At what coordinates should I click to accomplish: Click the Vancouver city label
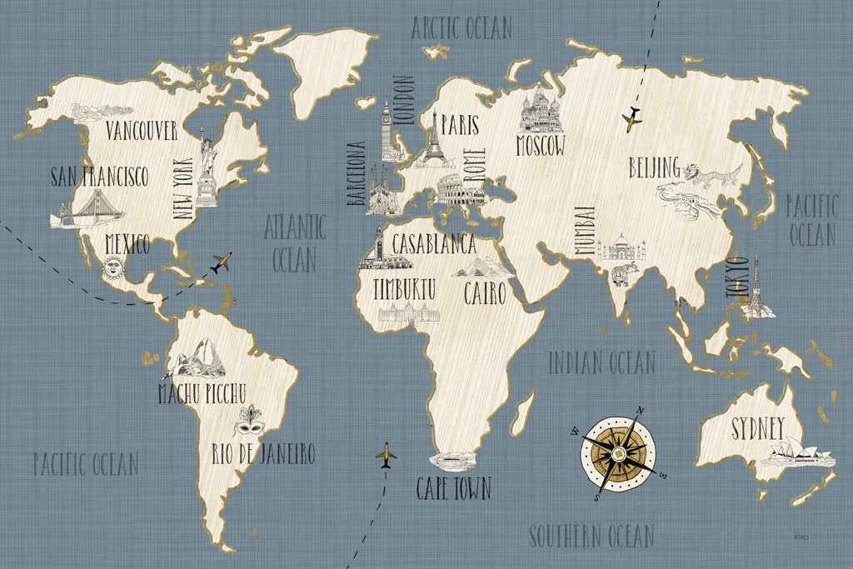(x=142, y=131)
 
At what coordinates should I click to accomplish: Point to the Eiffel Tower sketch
(x=432, y=142)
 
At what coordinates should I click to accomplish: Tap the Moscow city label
(x=540, y=147)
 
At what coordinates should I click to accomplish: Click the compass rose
(x=618, y=452)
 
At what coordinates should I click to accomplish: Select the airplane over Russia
(x=633, y=117)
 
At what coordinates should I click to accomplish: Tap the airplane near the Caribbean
(x=221, y=263)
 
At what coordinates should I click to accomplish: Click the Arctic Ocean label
(x=461, y=27)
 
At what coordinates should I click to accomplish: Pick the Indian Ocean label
(x=601, y=362)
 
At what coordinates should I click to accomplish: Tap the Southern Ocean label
(x=591, y=535)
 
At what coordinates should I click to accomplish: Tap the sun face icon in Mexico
(x=112, y=268)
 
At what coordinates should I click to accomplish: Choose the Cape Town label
(x=454, y=488)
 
